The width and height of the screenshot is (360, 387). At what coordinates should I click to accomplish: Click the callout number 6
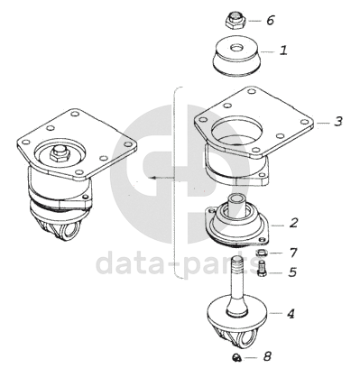(271, 20)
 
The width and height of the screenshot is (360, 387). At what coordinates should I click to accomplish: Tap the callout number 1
(283, 51)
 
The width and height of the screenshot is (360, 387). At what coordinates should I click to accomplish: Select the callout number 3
(338, 122)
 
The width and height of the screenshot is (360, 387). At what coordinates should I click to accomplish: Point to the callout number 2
(293, 223)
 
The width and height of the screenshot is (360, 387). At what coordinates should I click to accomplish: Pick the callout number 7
(293, 253)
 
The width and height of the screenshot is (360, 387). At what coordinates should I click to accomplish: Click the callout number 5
(292, 272)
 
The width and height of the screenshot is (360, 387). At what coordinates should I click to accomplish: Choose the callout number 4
(291, 314)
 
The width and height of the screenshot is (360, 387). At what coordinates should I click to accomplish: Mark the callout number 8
(267, 356)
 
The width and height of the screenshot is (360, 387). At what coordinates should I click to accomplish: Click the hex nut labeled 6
(235, 21)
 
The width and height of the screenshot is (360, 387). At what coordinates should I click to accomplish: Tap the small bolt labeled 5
(262, 268)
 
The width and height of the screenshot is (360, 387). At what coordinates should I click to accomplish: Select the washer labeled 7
(261, 253)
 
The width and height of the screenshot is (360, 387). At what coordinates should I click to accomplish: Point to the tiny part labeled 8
(236, 357)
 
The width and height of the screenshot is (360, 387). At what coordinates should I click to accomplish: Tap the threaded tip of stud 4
(237, 263)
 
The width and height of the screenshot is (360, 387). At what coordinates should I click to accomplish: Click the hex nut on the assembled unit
(60, 153)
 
